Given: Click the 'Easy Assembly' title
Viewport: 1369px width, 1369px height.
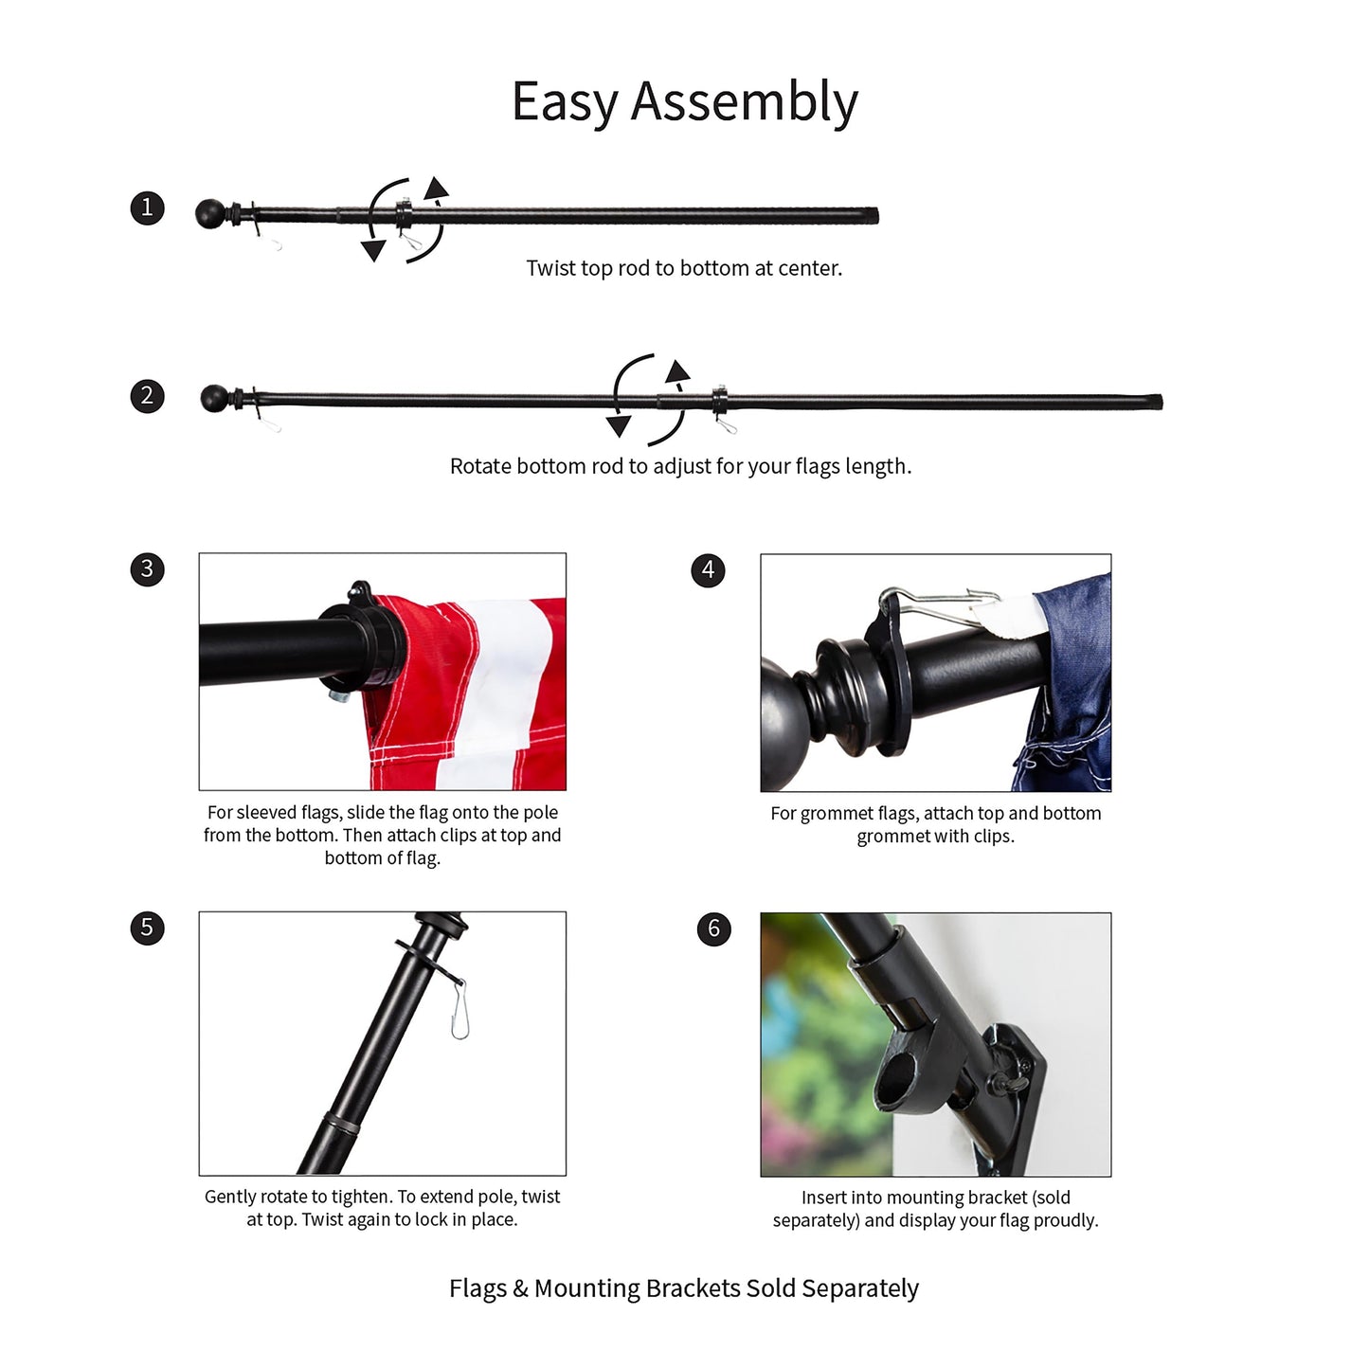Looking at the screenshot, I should pos(684,102).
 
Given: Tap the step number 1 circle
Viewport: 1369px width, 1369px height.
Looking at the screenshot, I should pos(147,207).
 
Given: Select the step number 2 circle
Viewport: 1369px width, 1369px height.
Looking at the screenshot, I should pos(147,396).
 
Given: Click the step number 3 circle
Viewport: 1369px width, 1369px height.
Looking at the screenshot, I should pos(147,569).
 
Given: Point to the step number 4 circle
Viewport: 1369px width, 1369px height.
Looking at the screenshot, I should pos(708,570).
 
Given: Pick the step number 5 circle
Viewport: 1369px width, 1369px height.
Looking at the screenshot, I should pos(147,928).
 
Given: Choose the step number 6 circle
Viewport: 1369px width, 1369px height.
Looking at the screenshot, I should pos(713,928).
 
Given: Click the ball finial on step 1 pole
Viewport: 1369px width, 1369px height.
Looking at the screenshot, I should pos(210,214).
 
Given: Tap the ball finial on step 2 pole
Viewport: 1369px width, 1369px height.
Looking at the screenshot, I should pos(215,399).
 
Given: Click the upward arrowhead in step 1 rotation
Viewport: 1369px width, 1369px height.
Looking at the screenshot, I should pos(436,188).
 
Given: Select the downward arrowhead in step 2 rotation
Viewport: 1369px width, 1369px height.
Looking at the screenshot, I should pos(619,426).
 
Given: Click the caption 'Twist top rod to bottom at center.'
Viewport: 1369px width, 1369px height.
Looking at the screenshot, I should pos(684,268).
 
